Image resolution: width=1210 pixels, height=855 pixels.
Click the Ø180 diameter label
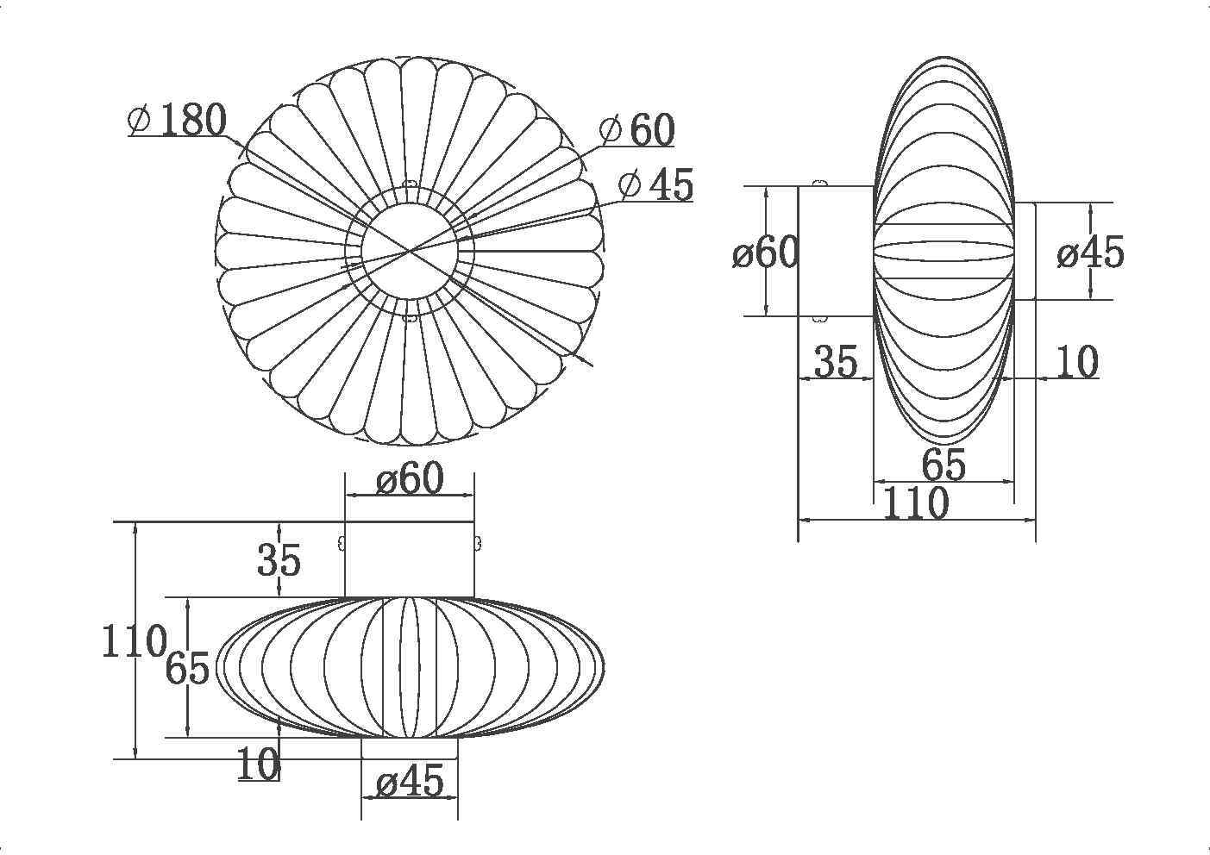click(x=177, y=119)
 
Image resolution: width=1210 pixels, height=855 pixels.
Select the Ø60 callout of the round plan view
click(x=637, y=129)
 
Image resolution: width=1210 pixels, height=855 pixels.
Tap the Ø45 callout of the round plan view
click(x=655, y=184)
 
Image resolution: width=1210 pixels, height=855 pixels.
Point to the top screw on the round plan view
click(x=410, y=184)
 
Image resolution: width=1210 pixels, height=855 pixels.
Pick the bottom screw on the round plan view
click(x=410, y=318)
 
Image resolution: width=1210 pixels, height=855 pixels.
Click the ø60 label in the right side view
click(x=766, y=252)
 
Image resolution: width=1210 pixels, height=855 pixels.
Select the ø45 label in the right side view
click(x=1091, y=252)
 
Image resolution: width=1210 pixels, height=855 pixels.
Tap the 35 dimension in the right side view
click(x=836, y=361)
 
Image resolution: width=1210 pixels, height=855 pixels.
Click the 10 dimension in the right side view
click(x=1076, y=361)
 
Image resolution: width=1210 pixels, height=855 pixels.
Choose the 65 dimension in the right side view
click(x=944, y=464)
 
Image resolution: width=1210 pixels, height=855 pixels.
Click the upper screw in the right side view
click(x=820, y=184)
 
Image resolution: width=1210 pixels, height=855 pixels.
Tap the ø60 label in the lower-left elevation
click(x=410, y=478)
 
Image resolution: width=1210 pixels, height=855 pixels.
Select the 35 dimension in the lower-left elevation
click(x=279, y=559)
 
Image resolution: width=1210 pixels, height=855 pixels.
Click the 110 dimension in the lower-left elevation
click(x=134, y=640)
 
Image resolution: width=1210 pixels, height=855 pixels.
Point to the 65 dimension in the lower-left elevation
click(x=187, y=668)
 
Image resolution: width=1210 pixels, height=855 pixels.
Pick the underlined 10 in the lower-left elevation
click(x=259, y=764)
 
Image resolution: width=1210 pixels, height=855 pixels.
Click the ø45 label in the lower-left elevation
click(x=410, y=781)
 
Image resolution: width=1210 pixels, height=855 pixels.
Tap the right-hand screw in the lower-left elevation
click(x=478, y=543)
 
